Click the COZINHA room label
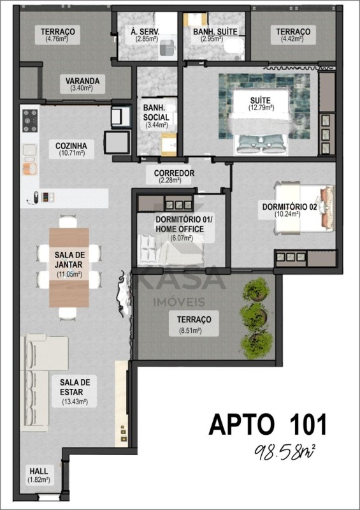point(71,145)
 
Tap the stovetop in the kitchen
point(30,120)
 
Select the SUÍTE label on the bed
point(260,100)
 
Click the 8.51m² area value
point(191,331)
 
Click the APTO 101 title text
point(268,425)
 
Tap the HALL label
point(39,470)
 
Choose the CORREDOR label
point(174,173)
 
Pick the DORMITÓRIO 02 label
point(289,207)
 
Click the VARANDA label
point(82,81)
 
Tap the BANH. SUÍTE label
point(215,32)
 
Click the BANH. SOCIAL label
point(156,112)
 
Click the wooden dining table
point(69,267)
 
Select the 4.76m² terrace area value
point(57,39)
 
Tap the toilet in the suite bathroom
point(234,47)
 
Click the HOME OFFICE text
point(180,229)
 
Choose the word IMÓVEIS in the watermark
point(179,302)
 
